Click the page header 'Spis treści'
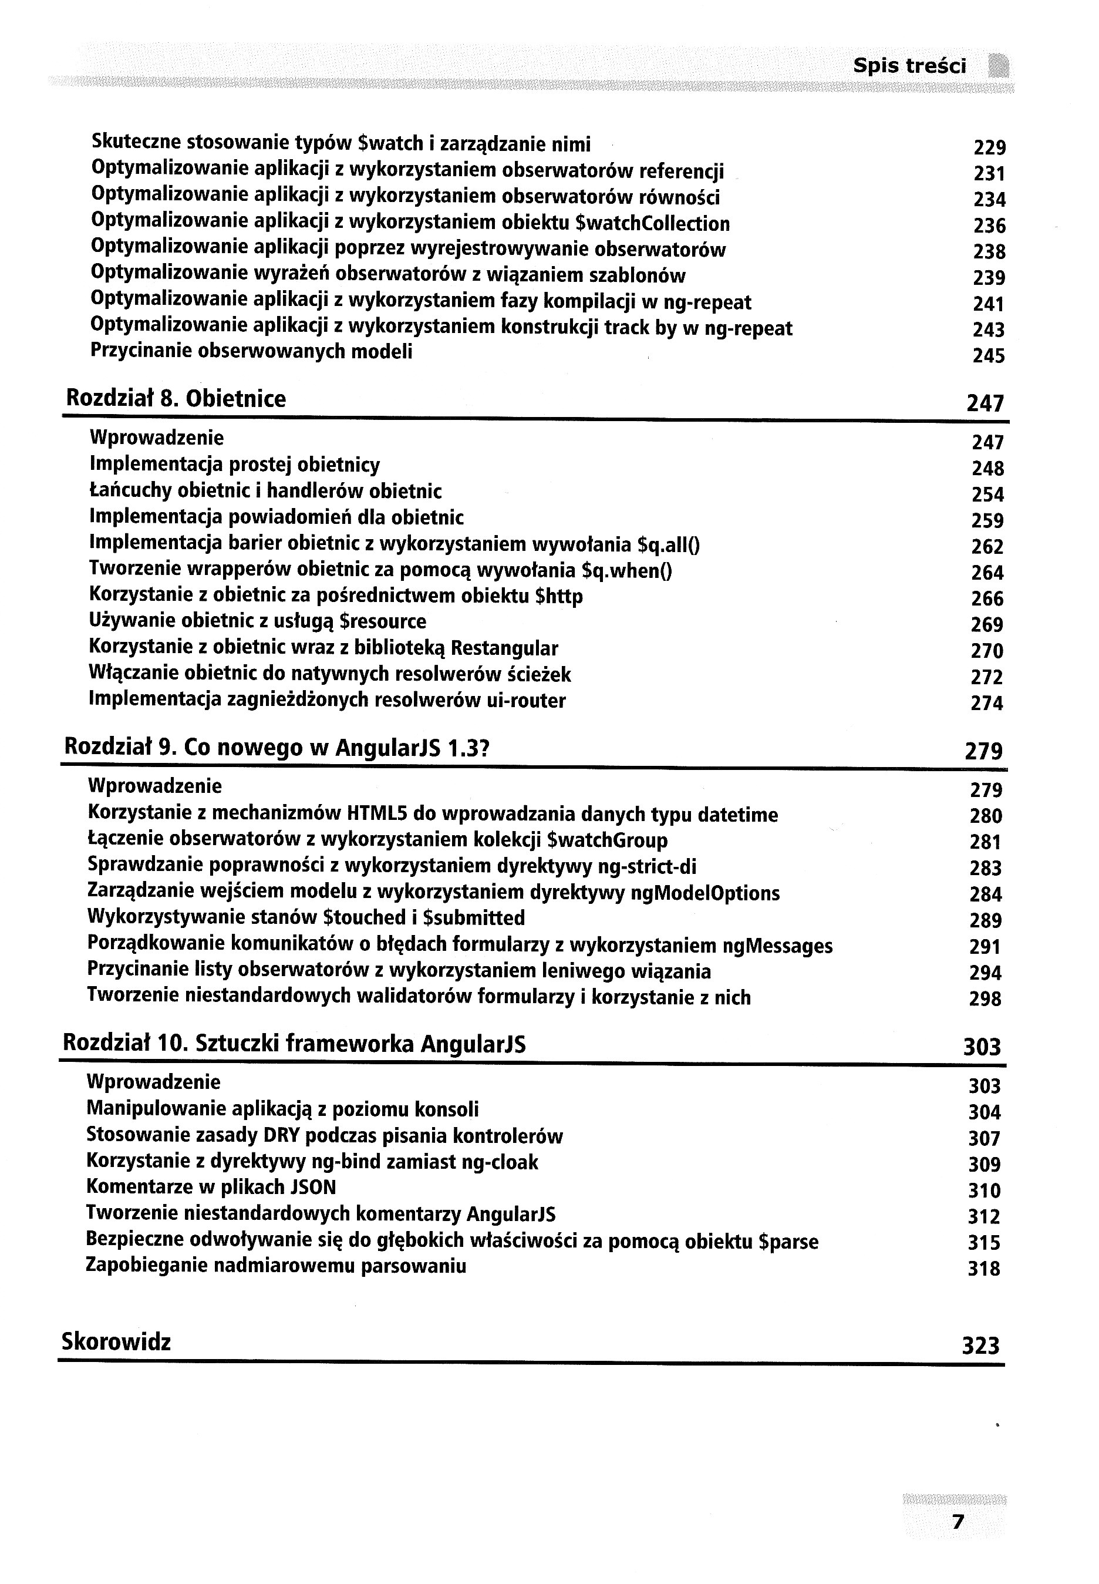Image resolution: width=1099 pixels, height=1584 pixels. [x=909, y=66]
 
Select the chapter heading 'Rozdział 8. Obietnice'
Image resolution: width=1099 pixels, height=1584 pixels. [x=176, y=399]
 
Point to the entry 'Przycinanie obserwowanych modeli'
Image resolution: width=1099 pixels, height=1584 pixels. [x=251, y=352]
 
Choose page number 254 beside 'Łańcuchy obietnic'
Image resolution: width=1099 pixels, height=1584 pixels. [x=987, y=495]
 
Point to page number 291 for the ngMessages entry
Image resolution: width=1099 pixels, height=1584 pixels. [x=985, y=947]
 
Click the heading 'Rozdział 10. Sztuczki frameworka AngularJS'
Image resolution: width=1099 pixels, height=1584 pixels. [x=294, y=1044]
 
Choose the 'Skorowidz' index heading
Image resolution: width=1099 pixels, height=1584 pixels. [x=116, y=1341]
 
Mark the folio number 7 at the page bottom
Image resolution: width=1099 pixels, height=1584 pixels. [x=956, y=1522]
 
